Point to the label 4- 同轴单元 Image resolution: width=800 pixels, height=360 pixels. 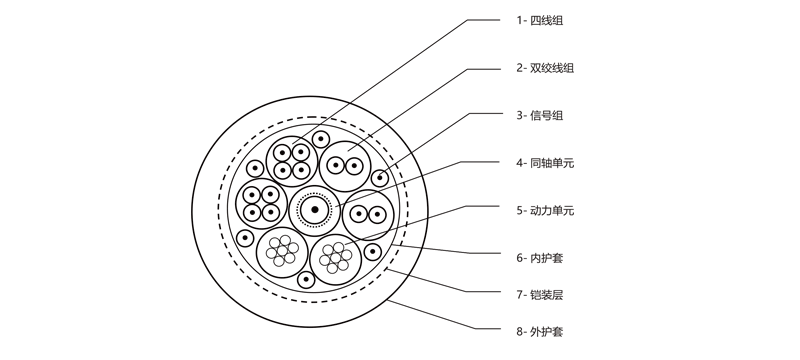coord(545,162)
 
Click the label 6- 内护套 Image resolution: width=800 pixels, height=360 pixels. coord(540,258)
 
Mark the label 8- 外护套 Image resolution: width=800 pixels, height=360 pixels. coord(540,331)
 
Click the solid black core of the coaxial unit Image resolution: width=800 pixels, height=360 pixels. coord(315,208)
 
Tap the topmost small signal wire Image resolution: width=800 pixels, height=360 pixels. coord(321,138)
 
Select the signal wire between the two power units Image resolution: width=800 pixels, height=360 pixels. coord(306,280)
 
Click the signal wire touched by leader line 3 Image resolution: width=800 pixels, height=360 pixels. coord(380,178)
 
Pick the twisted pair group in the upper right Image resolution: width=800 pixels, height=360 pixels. coord(345,164)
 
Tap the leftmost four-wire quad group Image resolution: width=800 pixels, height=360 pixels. coord(260,203)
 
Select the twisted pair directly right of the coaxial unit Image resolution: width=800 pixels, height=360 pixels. coord(366,213)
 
